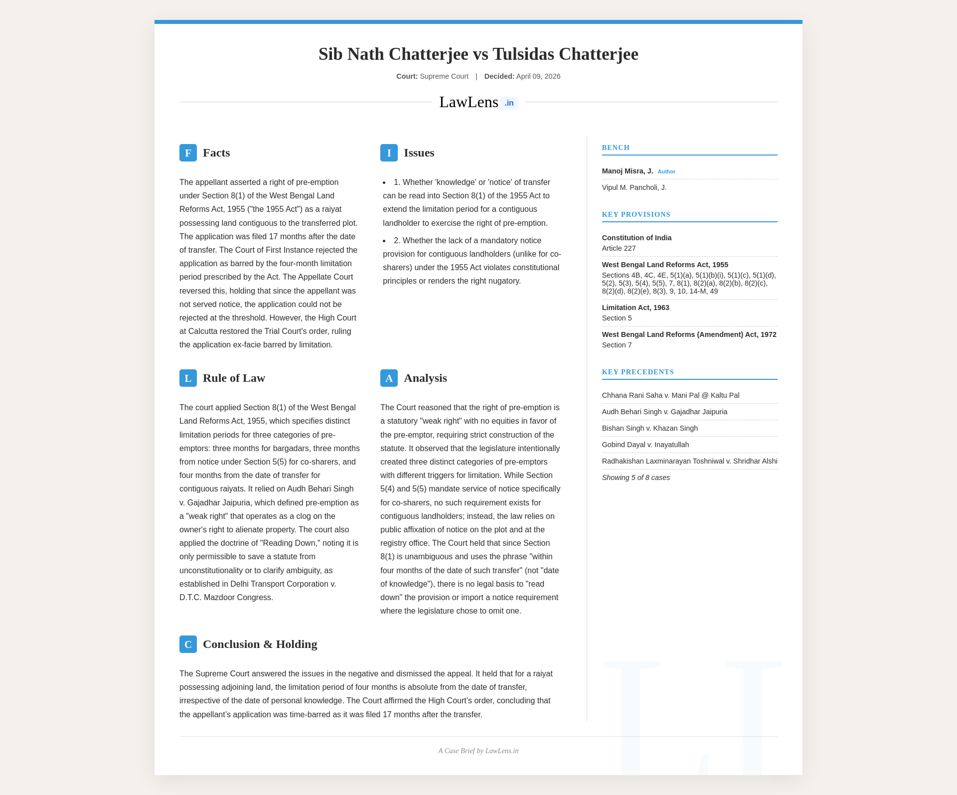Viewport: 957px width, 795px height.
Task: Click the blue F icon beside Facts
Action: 188,153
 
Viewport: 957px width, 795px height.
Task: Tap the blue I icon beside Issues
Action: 389,153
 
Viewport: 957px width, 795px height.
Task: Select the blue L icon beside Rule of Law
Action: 188,378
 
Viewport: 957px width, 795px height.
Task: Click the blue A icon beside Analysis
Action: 389,378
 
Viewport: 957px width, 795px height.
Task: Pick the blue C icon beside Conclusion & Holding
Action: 188,644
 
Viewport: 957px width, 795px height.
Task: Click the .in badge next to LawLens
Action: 509,103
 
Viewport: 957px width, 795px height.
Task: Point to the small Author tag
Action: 666,171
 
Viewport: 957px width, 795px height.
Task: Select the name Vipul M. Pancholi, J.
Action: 634,187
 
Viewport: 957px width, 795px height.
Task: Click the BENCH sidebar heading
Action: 616,148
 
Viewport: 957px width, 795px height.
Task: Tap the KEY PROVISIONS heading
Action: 636,214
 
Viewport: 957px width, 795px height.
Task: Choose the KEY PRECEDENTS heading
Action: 638,372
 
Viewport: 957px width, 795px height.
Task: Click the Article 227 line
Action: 619,248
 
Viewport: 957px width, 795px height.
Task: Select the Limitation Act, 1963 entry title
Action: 636,308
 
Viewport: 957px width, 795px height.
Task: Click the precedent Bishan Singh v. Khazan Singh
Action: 649,428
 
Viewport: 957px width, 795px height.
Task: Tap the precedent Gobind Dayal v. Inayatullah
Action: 645,445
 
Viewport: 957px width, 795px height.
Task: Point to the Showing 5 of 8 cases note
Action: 636,477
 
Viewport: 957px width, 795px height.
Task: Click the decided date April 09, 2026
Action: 538,76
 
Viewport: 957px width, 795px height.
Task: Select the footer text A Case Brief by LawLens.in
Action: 478,751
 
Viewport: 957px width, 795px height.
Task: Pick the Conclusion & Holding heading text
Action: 260,644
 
